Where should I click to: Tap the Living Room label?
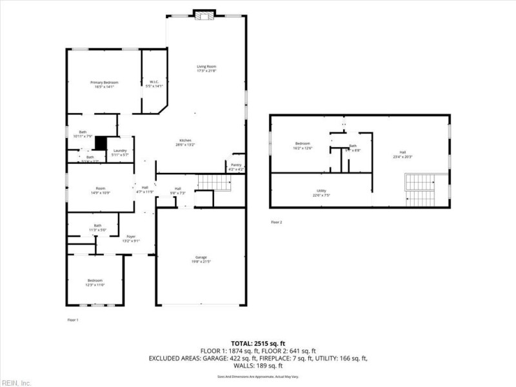coord(206,66)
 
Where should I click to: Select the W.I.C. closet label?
coord(155,82)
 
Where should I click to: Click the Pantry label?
coord(235,166)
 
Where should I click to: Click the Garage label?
coord(199,258)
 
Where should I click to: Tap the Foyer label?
coord(131,237)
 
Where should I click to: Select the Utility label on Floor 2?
coord(321,192)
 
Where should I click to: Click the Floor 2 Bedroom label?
coord(303,144)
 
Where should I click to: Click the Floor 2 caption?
coord(276,222)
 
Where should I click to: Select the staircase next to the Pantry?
coord(215,183)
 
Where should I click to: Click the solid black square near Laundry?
coord(101,143)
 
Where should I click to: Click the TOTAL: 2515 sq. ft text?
coord(258,342)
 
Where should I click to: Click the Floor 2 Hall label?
coord(403,154)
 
